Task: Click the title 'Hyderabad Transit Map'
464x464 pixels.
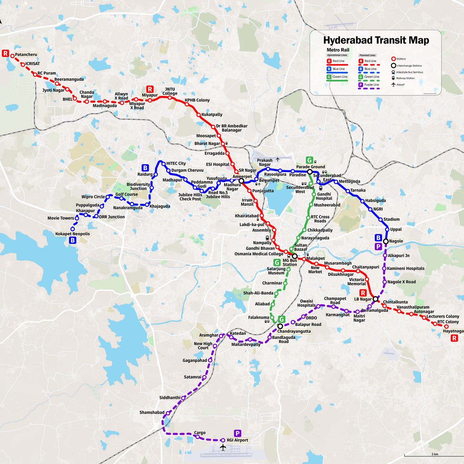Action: tap(376, 40)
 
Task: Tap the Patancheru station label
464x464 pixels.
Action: tap(26, 55)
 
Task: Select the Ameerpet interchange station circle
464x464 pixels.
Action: tap(241, 181)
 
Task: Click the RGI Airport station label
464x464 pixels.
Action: tap(237, 440)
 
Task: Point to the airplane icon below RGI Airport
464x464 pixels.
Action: tap(223, 447)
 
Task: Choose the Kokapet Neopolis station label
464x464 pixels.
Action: tap(73, 234)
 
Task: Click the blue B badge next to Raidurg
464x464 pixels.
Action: tap(145, 168)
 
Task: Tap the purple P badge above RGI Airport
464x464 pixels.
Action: tap(237, 433)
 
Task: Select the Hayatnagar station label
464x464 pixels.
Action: tap(453, 331)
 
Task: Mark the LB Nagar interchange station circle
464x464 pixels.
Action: tap(375, 299)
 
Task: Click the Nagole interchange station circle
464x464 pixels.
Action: tap(386, 241)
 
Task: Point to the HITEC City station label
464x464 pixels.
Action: tap(176, 163)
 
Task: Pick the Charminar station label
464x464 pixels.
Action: tap(272, 283)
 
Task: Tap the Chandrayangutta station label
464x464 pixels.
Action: tap(294, 331)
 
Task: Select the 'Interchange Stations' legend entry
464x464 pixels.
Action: tap(409, 66)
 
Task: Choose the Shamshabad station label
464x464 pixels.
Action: tap(152, 412)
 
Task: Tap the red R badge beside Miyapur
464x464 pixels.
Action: tap(150, 89)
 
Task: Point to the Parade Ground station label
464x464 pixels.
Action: tap(311, 167)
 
